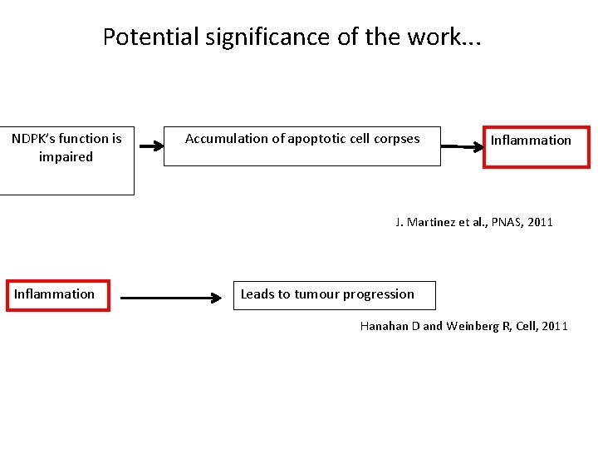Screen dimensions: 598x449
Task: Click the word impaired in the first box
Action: point(66,157)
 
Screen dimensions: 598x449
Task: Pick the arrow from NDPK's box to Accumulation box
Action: point(152,146)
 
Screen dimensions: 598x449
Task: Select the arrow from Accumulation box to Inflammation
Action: point(462,146)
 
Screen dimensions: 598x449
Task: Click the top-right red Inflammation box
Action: point(536,146)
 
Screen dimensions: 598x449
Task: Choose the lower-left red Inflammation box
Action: point(57,294)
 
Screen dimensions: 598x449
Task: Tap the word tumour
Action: point(316,294)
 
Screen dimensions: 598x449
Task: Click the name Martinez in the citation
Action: point(432,222)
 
